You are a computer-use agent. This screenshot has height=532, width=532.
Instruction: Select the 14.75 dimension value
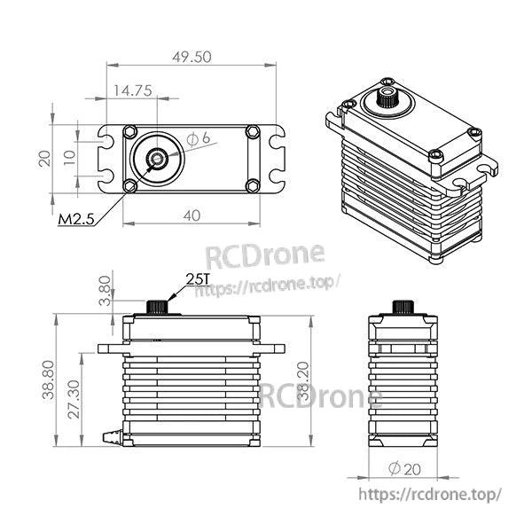click(x=131, y=90)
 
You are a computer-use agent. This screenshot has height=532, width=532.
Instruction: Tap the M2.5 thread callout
click(x=77, y=219)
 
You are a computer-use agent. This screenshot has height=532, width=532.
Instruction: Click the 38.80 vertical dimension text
click(x=51, y=379)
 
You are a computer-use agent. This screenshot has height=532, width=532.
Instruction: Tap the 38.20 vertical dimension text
click(x=307, y=379)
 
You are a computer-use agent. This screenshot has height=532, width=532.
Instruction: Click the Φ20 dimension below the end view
click(x=404, y=469)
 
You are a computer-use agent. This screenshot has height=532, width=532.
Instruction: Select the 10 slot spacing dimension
click(x=69, y=159)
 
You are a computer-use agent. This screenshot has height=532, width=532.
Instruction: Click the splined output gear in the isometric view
click(x=387, y=96)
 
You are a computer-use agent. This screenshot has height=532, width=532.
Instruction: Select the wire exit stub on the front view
click(x=113, y=435)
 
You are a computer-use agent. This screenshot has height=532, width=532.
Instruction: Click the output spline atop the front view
click(x=158, y=306)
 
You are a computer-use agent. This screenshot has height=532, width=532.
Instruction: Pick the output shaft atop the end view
click(x=403, y=307)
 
